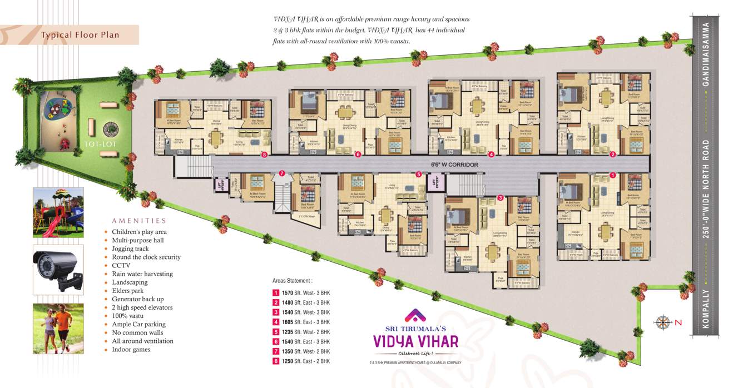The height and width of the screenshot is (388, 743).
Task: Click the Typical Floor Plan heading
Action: tap(80, 35)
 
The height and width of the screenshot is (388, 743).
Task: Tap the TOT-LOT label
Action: tap(100, 143)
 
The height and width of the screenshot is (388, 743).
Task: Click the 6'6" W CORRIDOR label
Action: tap(454, 165)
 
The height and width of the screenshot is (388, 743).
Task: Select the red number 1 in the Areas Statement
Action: tap(275, 293)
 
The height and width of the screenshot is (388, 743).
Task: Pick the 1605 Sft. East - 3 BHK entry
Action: tap(305, 322)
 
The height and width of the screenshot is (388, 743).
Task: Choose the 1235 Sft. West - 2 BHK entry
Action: tap(305, 332)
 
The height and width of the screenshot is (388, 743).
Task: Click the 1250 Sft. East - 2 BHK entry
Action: tap(305, 361)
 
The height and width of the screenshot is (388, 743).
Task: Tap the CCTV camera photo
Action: tap(58, 270)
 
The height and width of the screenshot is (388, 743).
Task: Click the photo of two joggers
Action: tap(58, 329)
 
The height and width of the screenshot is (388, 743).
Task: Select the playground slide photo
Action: tap(58, 212)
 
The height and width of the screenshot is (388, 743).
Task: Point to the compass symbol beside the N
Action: tap(662, 322)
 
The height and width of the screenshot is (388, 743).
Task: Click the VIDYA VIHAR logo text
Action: tap(415, 340)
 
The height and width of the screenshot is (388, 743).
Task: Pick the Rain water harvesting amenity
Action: tap(142, 274)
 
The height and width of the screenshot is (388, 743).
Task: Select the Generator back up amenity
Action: tap(137, 299)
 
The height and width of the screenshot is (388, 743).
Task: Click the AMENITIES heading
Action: tap(139, 221)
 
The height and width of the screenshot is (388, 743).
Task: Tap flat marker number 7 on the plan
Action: tap(282, 173)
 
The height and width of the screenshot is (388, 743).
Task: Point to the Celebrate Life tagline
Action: tap(415, 354)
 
